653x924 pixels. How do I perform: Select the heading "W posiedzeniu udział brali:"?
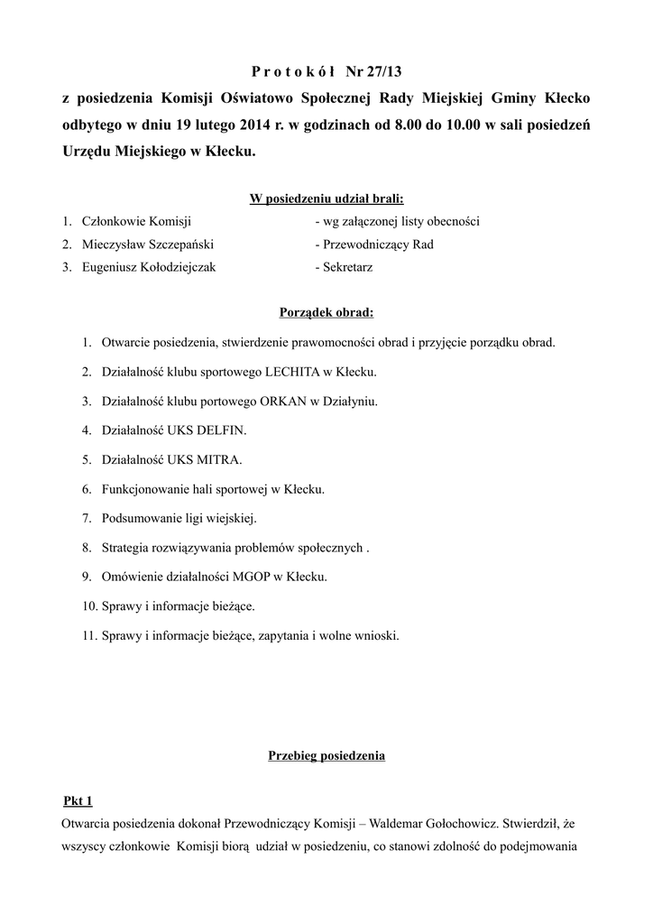[x=326, y=199]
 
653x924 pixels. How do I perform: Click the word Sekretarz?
[x=347, y=267]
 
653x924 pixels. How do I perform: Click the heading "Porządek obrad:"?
[x=326, y=313]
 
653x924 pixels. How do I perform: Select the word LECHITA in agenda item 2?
[x=293, y=372]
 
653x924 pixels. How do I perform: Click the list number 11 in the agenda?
[x=88, y=634]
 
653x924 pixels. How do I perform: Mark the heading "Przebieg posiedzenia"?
[x=326, y=755]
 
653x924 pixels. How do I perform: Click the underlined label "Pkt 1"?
[x=78, y=800]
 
